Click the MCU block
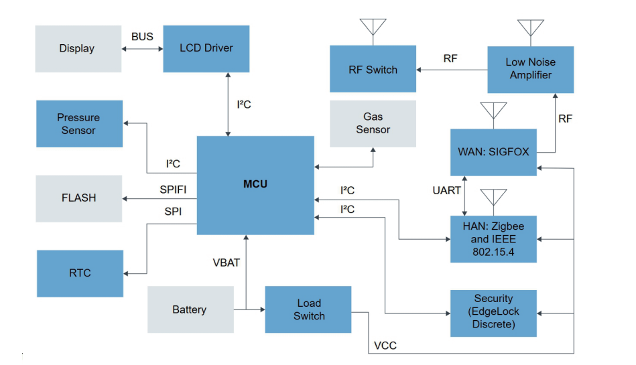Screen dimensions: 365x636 click(255, 185)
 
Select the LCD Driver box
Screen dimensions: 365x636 click(206, 48)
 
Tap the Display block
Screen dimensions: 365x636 click(78, 48)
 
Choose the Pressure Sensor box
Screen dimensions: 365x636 click(79, 124)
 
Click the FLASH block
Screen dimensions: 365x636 click(79, 198)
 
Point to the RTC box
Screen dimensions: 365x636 click(80, 273)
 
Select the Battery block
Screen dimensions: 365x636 click(190, 309)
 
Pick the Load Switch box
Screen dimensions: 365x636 click(308, 309)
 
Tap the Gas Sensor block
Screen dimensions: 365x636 click(373, 123)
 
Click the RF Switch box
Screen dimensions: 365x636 click(373, 69)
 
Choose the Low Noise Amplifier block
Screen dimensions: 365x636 click(530, 69)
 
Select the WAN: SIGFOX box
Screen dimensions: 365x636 click(493, 152)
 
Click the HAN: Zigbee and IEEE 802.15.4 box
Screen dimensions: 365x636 click(493, 239)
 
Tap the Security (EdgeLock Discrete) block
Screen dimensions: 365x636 click(493, 312)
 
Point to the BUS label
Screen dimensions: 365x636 click(142, 37)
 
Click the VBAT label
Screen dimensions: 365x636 click(226, 263)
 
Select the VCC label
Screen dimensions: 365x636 click(385, 346)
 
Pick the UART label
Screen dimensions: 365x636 click(446, 191)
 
